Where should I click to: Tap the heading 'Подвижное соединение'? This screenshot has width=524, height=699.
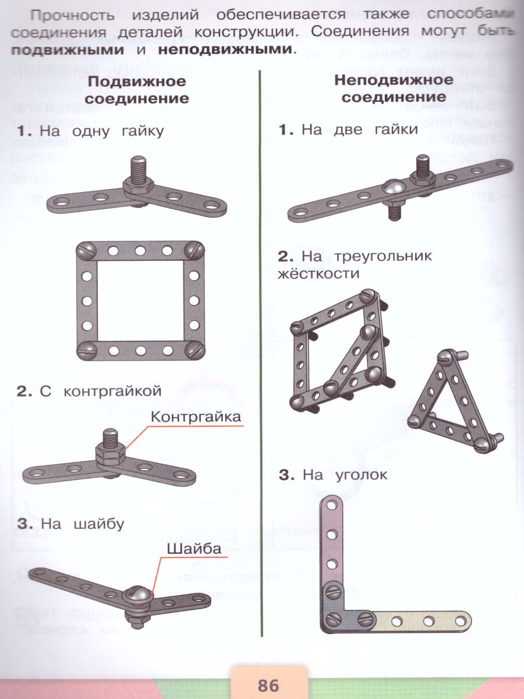tap(137, 89)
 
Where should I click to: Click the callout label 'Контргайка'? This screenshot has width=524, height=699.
tap(196, 417)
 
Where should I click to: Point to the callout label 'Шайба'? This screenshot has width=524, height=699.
tap(194, 549)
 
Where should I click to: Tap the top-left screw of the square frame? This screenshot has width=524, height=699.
tap(86, 251)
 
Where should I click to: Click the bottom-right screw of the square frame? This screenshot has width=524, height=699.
tap(194, 351)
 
